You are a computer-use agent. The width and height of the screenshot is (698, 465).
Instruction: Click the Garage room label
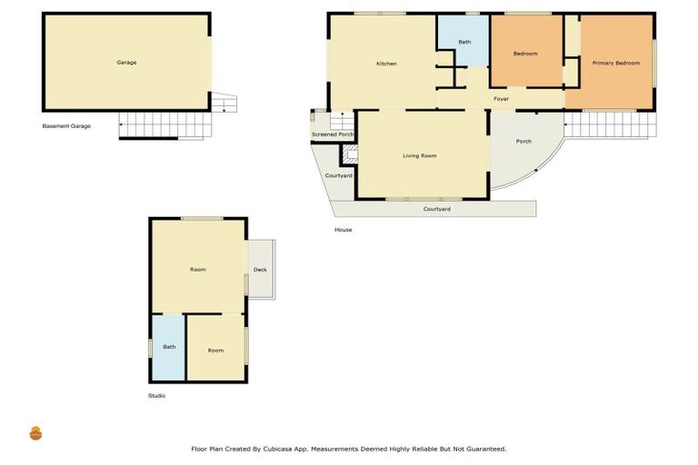pos(126,63)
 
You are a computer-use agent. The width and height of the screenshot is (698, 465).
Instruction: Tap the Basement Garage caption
pos(66,126)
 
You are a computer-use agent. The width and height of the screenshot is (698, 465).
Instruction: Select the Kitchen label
pos(386,64)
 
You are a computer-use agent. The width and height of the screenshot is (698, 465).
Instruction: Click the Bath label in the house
pos(464,42)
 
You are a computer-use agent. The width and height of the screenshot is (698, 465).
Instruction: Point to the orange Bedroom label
pos(525,54)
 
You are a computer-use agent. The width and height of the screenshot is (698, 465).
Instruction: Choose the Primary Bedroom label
pos(615,63)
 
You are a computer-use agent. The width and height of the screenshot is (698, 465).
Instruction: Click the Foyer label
pos(501,98)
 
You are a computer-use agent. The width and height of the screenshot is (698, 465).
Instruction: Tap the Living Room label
pos(420,155)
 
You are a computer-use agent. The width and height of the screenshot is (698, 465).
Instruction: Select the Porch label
pos(523,141)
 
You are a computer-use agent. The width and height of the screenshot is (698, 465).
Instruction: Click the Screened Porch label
pos(333,134)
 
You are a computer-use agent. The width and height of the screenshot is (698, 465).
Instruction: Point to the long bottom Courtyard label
pos(436,209)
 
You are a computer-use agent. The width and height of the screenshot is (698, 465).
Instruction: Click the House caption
pos(343,230)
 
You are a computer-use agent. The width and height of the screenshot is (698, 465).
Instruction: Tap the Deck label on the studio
pos(260,270)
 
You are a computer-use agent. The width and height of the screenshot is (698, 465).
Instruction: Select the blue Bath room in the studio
pos(168,347)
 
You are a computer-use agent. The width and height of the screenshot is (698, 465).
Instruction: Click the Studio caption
pos(156,396)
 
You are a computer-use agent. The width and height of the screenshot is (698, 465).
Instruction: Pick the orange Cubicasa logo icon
pos(36,433)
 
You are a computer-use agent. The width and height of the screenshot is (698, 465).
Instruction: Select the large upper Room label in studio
pos(198,270)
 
